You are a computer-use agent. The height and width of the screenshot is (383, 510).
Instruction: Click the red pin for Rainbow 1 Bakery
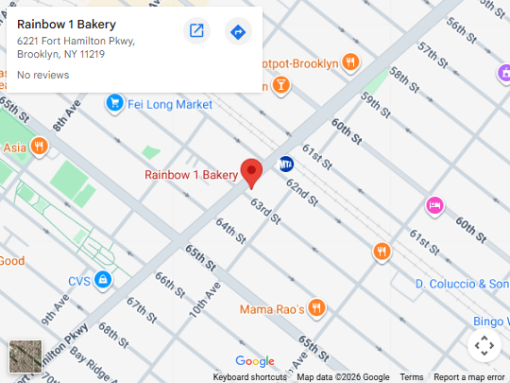(x=251, y=172)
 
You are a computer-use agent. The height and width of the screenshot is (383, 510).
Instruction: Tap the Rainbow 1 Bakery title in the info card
(x=66, y=24)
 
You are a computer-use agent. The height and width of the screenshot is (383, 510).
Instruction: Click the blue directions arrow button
(x=238, y=32)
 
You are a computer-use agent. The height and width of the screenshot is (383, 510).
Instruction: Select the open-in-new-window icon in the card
(x=196, y=32)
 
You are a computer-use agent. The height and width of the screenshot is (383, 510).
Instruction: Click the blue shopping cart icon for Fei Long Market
(x=114, y=102)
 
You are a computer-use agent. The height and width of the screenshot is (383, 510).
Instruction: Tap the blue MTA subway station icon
(x=286, y=163)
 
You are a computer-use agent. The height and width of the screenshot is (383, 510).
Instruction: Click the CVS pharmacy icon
(x=102, y=281)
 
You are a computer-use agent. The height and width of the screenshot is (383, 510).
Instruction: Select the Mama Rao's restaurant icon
(x=316, y=308)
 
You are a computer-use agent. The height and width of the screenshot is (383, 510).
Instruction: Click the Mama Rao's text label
(x=271, y=309)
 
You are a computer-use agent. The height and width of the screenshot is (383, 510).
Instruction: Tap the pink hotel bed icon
(x=434, y=204)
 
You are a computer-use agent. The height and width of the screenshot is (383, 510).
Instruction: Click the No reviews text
(x=43, y=75)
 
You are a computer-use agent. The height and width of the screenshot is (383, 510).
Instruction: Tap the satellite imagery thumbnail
(x=25, y=357)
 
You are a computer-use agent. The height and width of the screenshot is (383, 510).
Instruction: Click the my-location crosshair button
(x=484, y=345)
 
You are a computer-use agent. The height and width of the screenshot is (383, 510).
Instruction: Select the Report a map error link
(x=469, y=377)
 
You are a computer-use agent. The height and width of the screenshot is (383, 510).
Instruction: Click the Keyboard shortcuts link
(x=249, y=377)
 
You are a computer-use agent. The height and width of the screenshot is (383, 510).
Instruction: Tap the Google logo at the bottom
(x=254, y=361)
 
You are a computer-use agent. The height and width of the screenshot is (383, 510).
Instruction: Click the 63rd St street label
(x=264, y=210)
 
